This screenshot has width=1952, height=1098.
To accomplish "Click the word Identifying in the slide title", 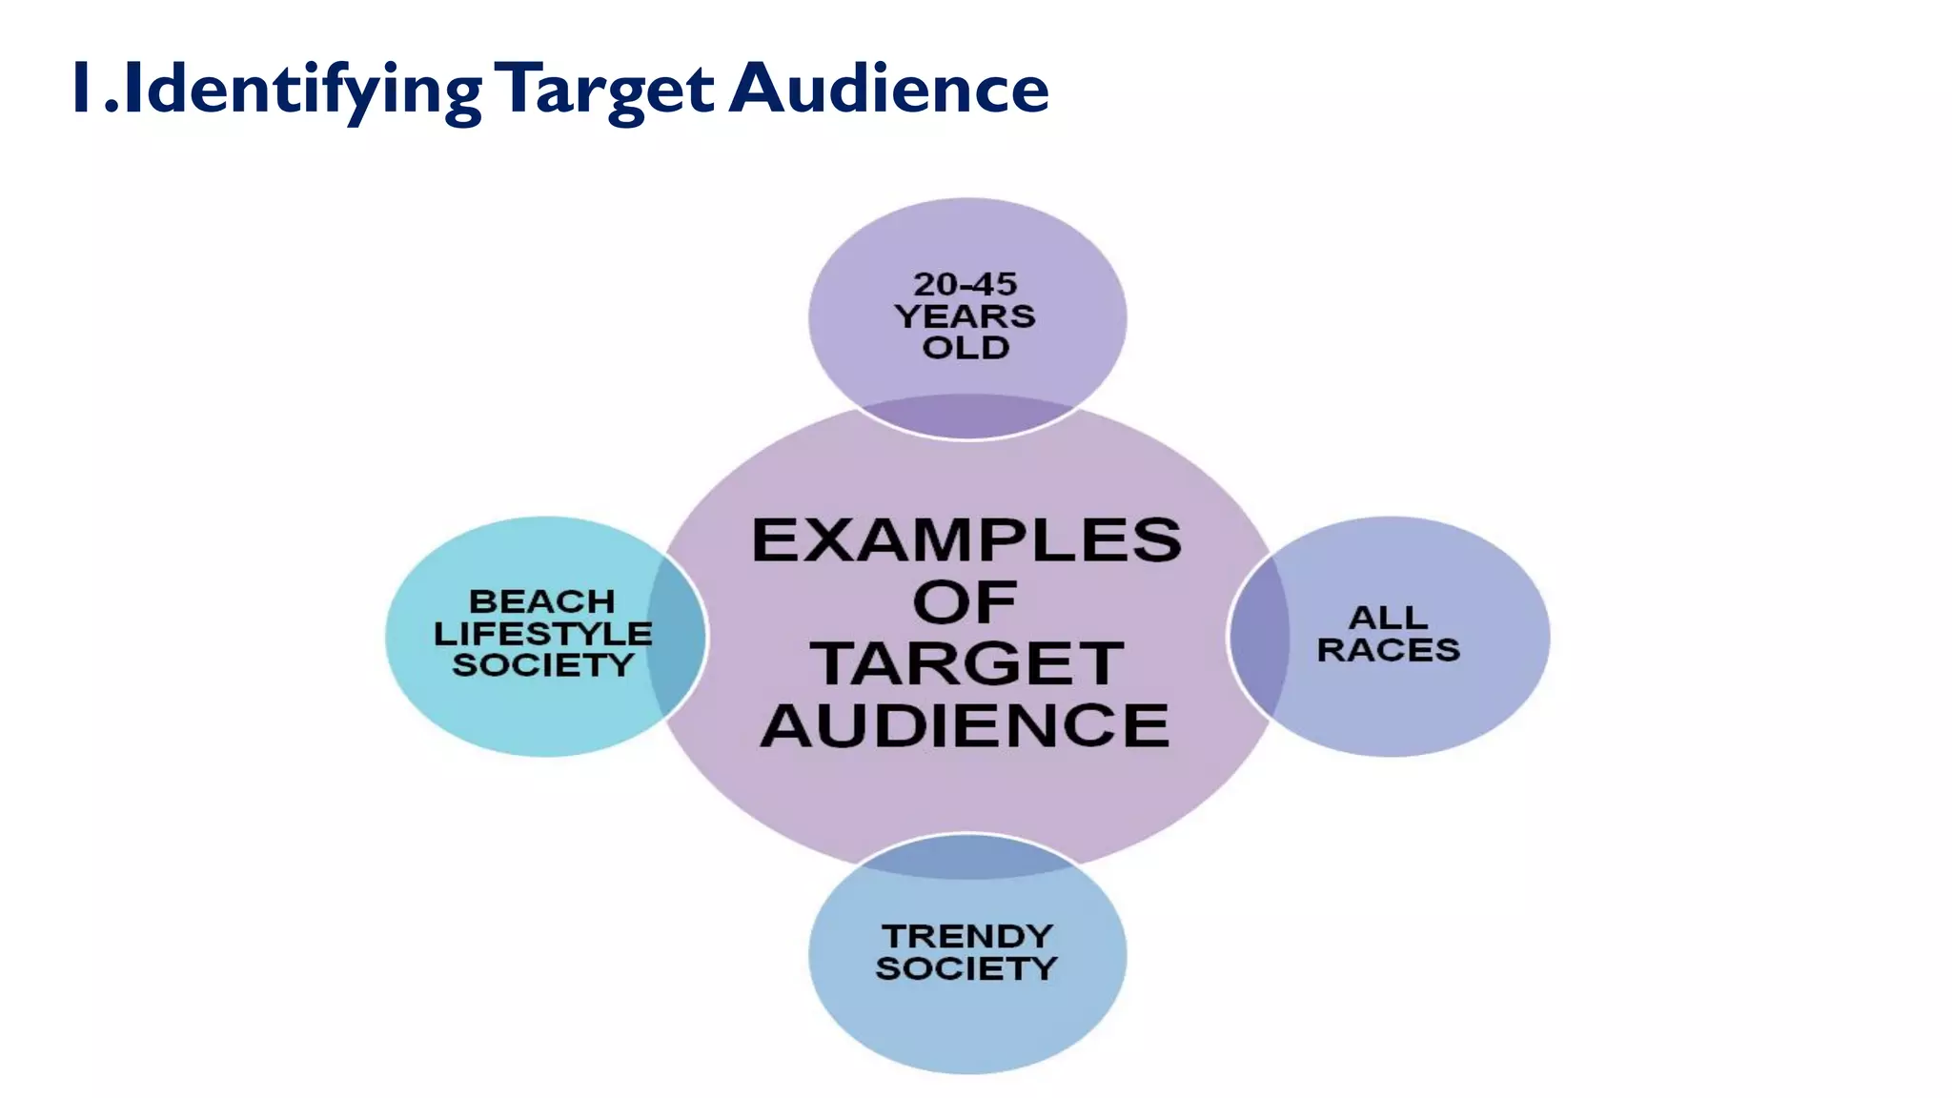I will pos(303,90).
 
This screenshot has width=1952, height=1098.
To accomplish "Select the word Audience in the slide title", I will pos(888,90).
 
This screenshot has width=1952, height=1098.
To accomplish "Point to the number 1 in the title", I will pos(83,88).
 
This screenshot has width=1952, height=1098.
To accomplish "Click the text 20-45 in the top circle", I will pos(966,284).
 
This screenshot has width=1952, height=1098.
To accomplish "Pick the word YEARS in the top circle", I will pos(966,315).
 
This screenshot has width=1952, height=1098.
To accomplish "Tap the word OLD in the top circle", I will pos(966,347).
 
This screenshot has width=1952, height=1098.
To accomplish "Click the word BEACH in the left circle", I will pos(542,601).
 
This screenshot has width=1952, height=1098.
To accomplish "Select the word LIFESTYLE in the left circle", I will pos(542,633).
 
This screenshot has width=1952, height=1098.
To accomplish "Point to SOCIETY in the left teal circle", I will pos(542,664).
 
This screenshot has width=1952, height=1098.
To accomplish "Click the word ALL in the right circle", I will pos(1388,618).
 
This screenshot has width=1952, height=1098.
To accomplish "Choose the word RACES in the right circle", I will pos(1388,650).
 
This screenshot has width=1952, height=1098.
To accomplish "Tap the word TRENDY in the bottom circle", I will pos(966,936).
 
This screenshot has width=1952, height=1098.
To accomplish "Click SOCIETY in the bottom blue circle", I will pos(966,968).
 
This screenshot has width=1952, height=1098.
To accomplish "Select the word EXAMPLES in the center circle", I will pos(966,540).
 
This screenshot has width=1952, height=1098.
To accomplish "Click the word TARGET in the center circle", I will pos(966,663).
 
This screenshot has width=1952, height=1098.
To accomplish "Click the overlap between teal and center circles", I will pos(677,637).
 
